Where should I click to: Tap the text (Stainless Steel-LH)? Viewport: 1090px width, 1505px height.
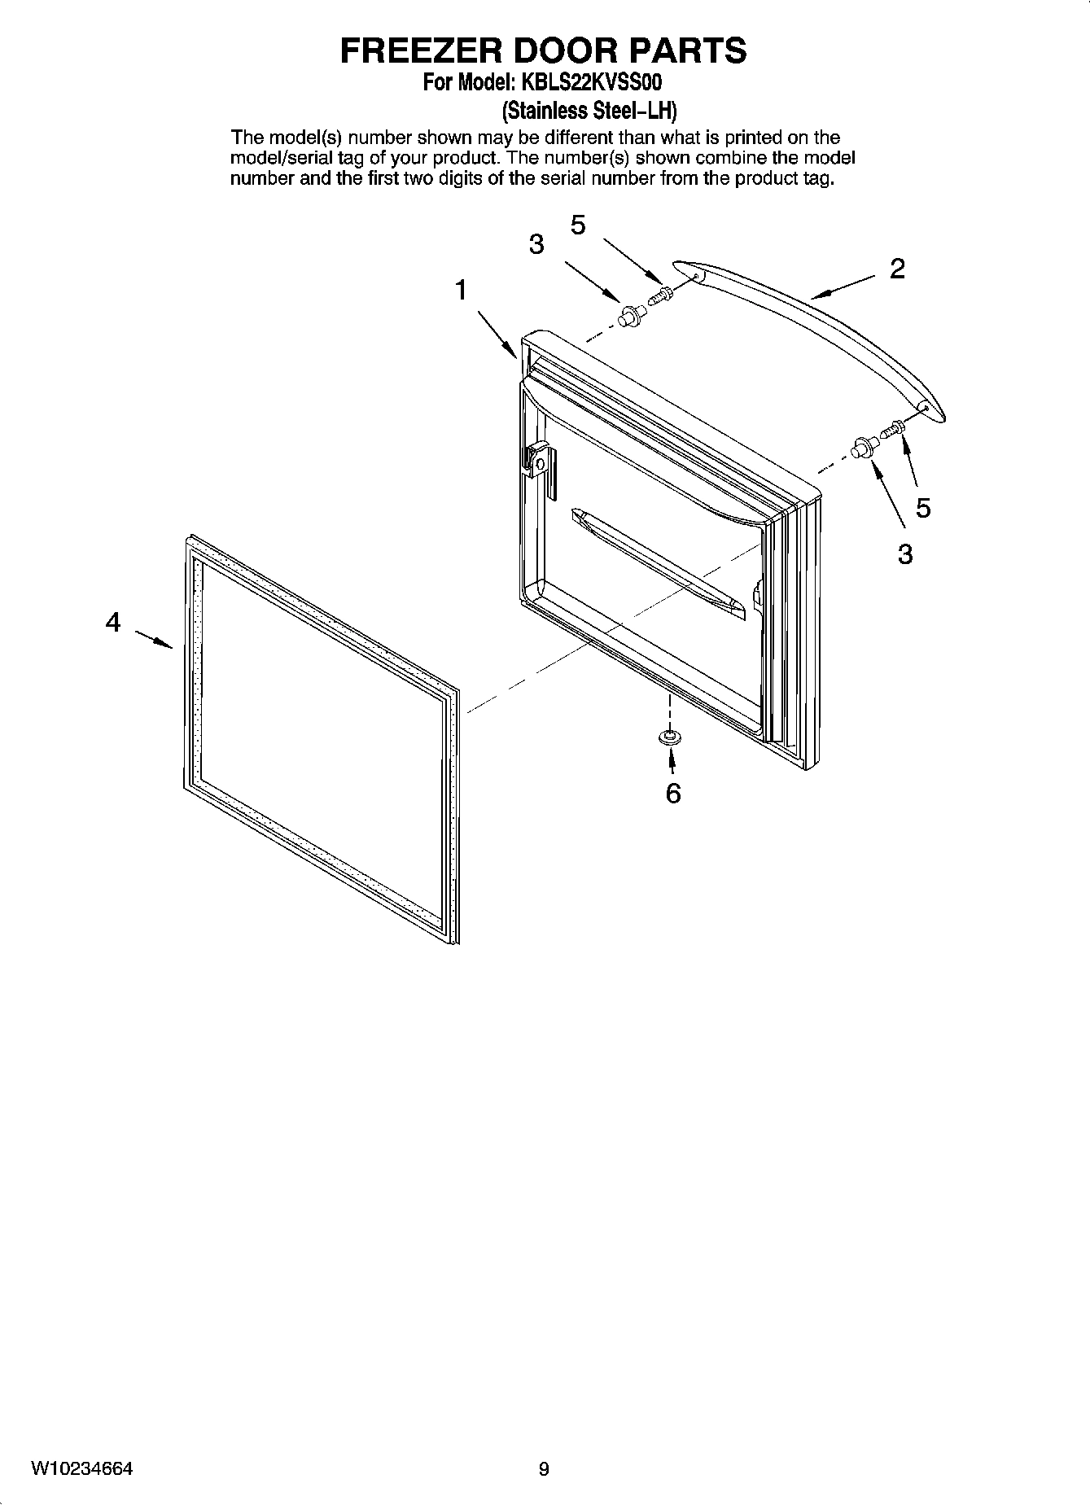tap(589, 110)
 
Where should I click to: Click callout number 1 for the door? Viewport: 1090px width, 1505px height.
tap(461, 290)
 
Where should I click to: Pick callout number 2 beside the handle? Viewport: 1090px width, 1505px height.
tap(897, 269)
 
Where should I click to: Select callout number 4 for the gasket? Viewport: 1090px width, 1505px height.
tap(113, 623)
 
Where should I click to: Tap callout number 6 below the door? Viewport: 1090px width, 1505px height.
tap(673, 793)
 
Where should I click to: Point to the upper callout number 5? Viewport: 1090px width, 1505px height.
tap(578, 225)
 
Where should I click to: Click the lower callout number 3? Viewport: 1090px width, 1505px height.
tap(905, 554)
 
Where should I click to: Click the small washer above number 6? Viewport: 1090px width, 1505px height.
tap(670, 737)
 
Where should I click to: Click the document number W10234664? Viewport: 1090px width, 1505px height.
tap(82, 1469)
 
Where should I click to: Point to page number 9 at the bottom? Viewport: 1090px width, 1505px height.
tap(544, 1469)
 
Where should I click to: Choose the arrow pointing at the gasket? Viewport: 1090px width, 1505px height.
tap(153, 639)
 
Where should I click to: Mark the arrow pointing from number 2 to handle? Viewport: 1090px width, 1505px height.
tap(843, 287)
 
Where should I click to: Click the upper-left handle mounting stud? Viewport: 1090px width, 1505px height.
tap(628, 317)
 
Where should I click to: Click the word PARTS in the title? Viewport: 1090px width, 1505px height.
tap(686, 50)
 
